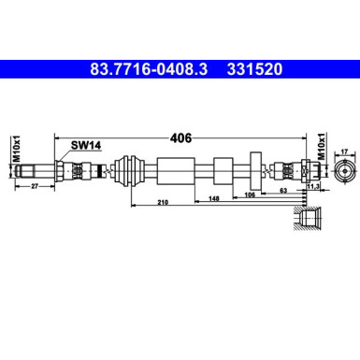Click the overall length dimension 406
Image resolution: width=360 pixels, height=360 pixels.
(x=181, y=137)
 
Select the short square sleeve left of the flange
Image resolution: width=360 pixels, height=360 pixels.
(x=223, y=172)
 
